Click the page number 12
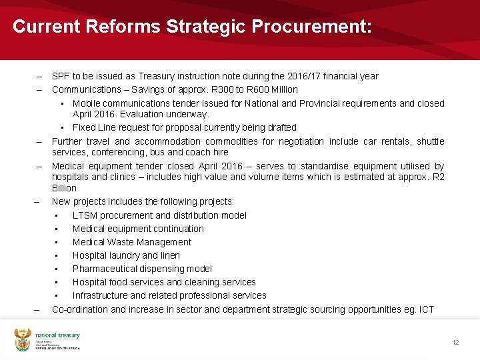(x=455, y=343)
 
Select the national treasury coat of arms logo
(x=23, y=340)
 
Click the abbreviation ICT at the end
(x=426, y=309)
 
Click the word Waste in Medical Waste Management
(x=124, y=242)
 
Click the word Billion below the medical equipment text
(x=64, y=189)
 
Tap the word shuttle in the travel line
(x=430, y=141)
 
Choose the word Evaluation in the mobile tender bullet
(x=114, y=114)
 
